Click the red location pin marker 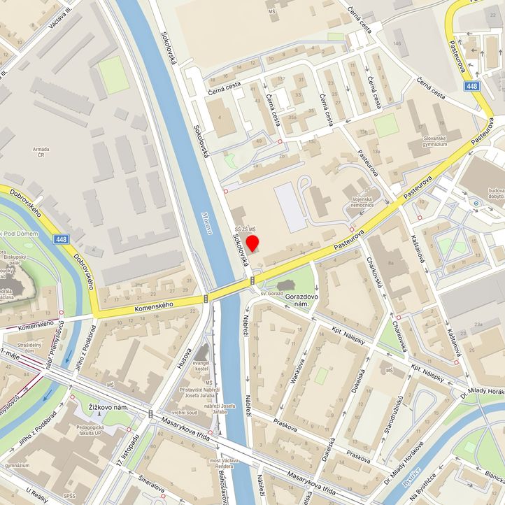coord(252,245)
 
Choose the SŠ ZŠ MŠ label coord(244,229)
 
